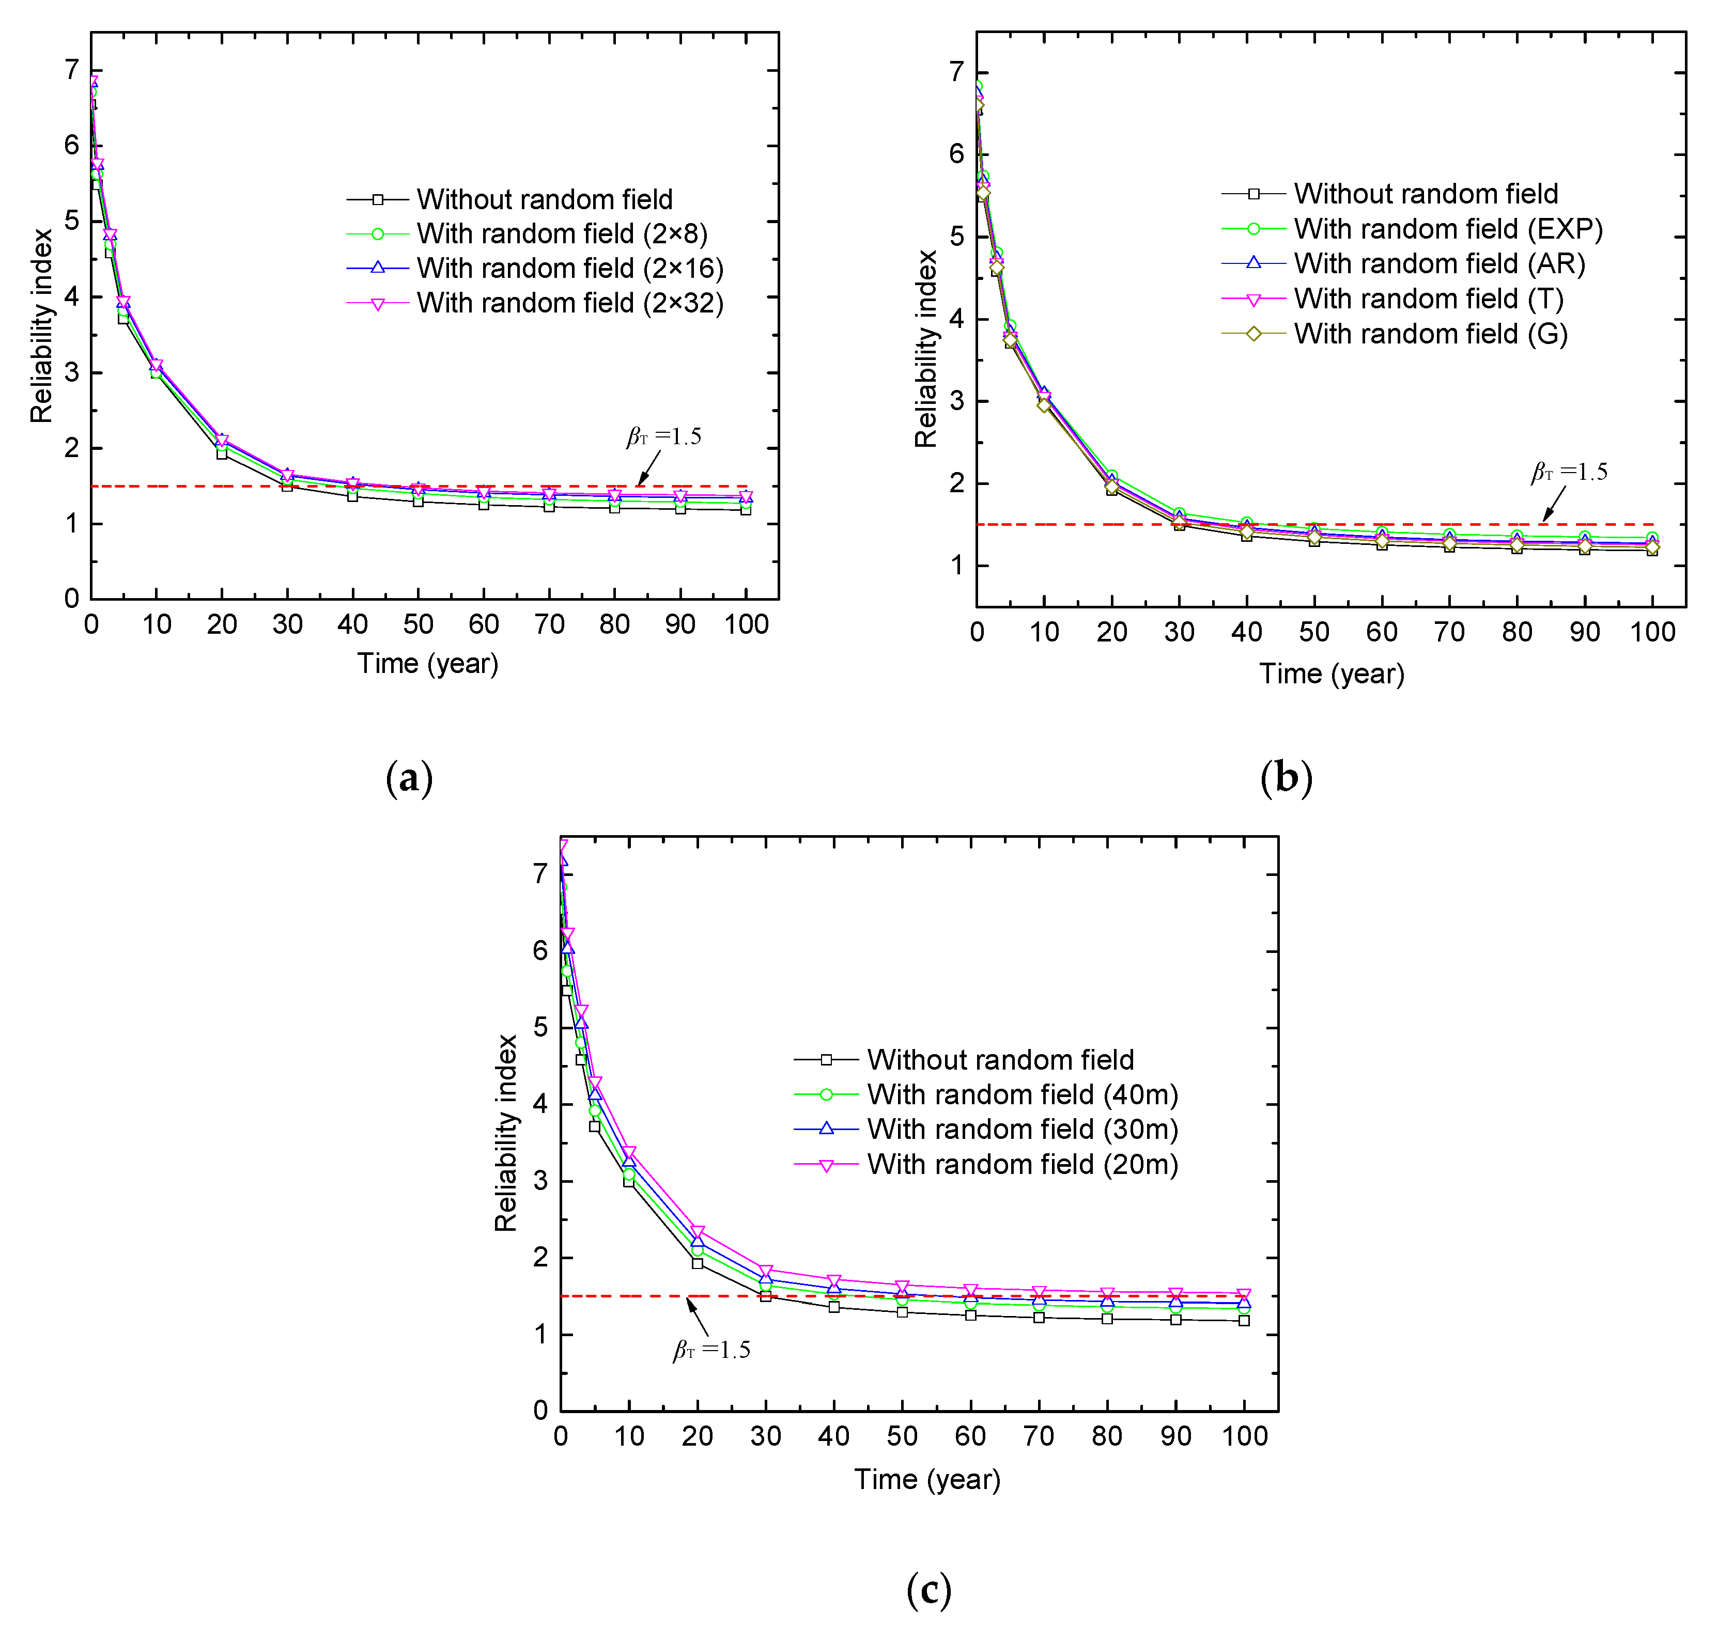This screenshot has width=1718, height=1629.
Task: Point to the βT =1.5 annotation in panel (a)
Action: coord(664,437)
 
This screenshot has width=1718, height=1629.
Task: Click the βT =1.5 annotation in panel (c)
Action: coord(712,1350)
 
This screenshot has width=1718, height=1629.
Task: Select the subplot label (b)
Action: coord(1286,778)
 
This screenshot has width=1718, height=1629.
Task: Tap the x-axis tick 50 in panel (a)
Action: coord(418,624)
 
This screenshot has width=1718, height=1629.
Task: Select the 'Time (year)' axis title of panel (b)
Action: coord(1332,674)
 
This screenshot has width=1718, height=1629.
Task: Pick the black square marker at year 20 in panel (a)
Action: coord(222,453)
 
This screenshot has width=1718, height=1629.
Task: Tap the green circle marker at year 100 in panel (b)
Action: coord(1651,538)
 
